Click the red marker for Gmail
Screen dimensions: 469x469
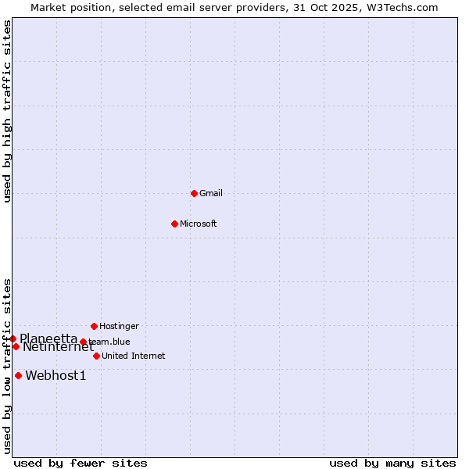click(x=194, y=193)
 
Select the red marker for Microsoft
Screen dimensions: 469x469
click(x=174, y=224)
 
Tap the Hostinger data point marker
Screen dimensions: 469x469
click(x=94, y=326)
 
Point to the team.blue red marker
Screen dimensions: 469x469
click(x=83, y=342)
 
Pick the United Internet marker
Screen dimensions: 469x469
click(x=96, y=356)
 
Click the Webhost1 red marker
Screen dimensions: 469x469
click(x=18, y=375)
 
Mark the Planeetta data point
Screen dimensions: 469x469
click(x=13, y=338)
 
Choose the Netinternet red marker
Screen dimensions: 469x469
click(x=16, y=346)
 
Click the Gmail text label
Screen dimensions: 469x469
click(x=211, y=193)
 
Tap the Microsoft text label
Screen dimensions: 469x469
click(x=199, y=224)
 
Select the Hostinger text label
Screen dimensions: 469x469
click(x=119, y=326)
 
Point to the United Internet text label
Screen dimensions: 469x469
click(x=133, y=356)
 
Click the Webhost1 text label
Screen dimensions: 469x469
click(x=55, y=376)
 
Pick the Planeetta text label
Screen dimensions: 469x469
click(x=48, y=338)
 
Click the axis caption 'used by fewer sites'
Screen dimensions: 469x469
click(x=81, y=463)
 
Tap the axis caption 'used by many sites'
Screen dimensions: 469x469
click(x=392, y=463)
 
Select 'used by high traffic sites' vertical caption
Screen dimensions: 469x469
click(x=8, y=112)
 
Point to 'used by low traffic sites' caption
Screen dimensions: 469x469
click(x=8, y=366)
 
